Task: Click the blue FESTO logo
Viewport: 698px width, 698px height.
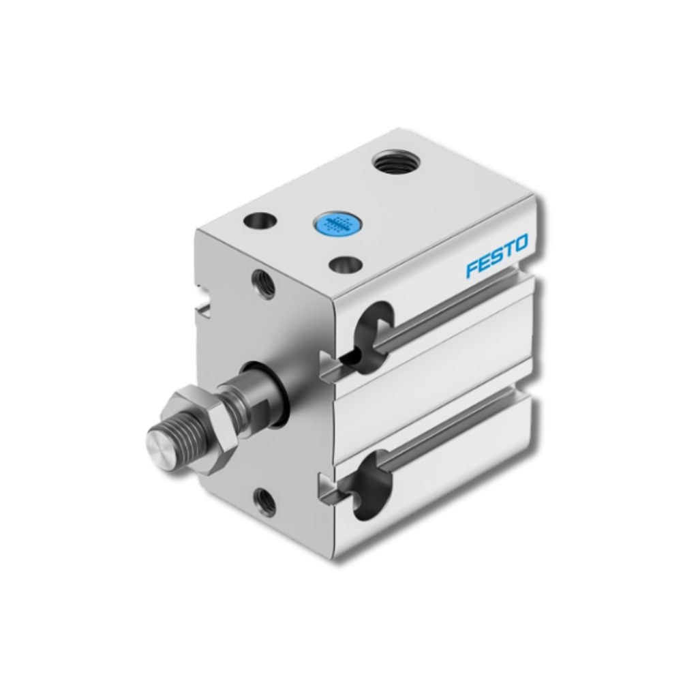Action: click(497, 256)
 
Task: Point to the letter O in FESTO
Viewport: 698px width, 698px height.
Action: click(520, 243)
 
